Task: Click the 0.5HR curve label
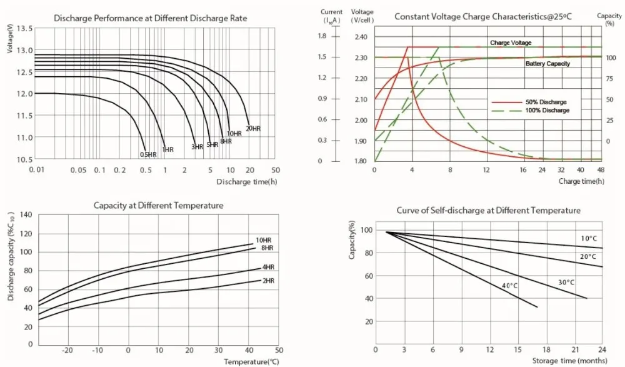click(x=147, y=154)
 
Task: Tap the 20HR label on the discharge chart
click(x=252, y=128)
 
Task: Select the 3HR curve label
click(x=197, y=147)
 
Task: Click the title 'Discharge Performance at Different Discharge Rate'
click(x=151, y=18)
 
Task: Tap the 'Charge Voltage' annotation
click(x=511, y=43)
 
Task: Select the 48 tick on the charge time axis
click(x=601, y=170)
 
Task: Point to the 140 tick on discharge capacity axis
click(x=26, y=214)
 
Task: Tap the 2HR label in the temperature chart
click(x=268, y=281)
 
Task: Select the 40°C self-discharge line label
click(x=509, y=286)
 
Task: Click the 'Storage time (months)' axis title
click(x=569, y=361)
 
